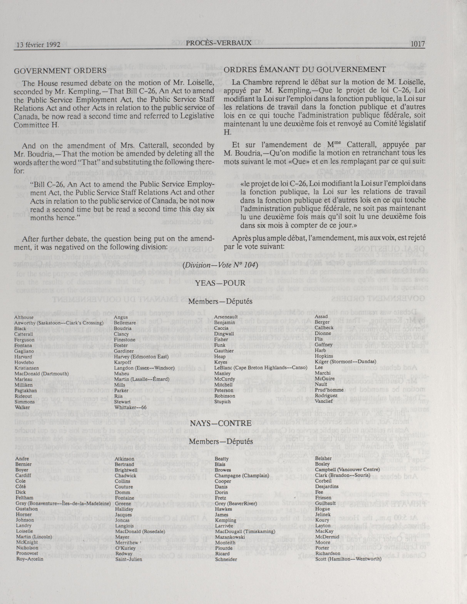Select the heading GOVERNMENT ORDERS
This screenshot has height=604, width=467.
(x=60, y=70)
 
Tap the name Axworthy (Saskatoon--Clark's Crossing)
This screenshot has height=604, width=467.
(x=55, y=323)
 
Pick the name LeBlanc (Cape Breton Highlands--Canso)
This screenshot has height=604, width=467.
(x=261, y=367)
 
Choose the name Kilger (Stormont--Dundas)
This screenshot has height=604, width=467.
(x=345, y=362)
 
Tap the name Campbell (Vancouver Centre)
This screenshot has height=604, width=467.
(x=347, y=470)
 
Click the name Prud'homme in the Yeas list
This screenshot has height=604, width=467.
(x=329, y=390)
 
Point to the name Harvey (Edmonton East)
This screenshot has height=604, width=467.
(x=141, y=357)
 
